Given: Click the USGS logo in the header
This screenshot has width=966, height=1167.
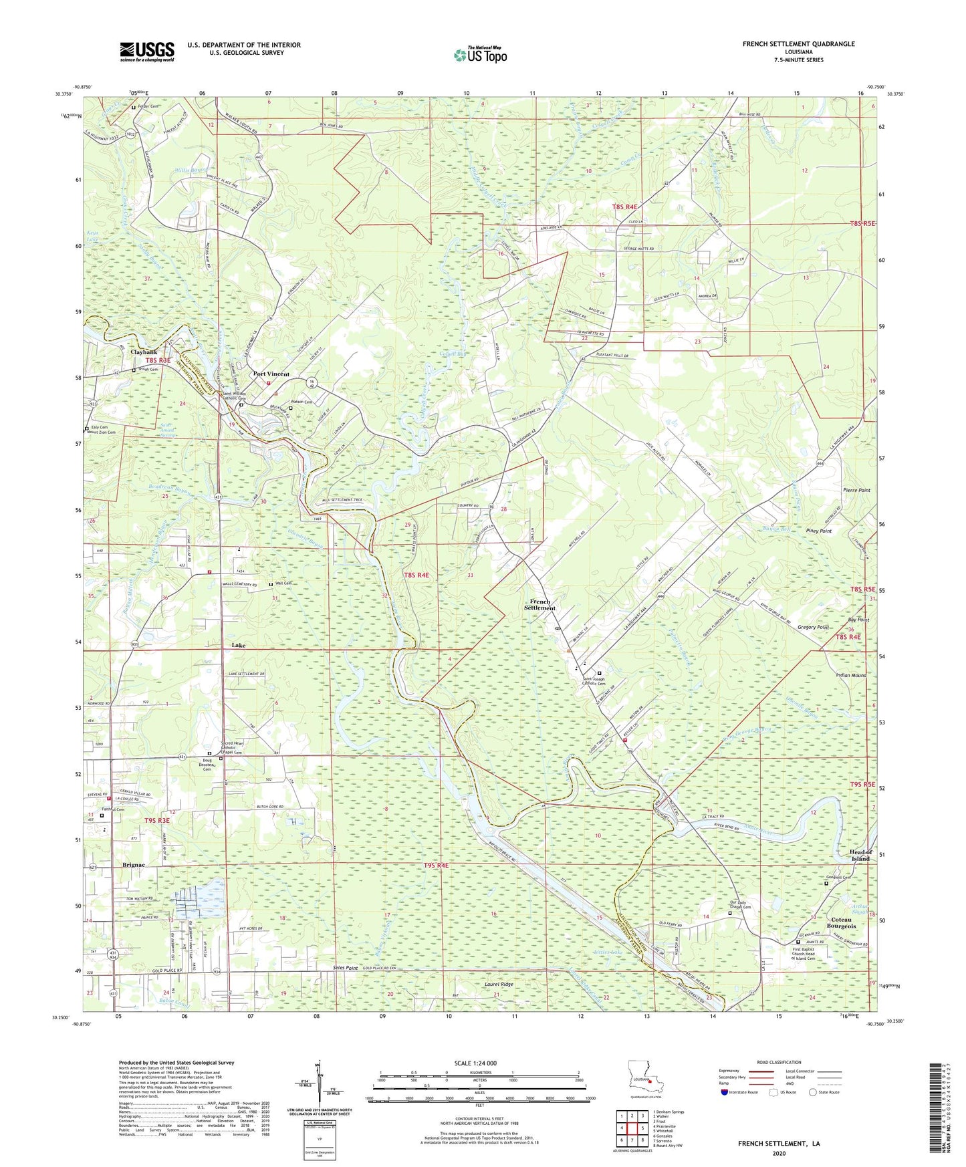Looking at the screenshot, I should (x=147, y=51).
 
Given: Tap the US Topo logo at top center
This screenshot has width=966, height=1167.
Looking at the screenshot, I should (x=479, y=54).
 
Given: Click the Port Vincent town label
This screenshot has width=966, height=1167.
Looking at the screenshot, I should (x=271, y=374).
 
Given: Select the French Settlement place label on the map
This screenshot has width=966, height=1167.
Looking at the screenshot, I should (x=539, y=604).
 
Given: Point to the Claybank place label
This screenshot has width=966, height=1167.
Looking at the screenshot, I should (x=144, y=352).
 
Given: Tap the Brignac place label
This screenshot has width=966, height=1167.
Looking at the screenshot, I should (x=134, y=865).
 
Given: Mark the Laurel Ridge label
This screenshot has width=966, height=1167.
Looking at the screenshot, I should (x=499, y=985).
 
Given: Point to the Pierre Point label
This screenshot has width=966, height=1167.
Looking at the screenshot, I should (x=856, y=490).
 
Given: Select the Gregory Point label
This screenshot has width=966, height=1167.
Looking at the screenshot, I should (x=813, y=627).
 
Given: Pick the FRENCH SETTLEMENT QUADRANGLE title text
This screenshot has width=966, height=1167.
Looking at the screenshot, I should (x=798, y=44).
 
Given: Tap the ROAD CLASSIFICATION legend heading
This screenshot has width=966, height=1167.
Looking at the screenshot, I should (x=778, y=1062).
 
